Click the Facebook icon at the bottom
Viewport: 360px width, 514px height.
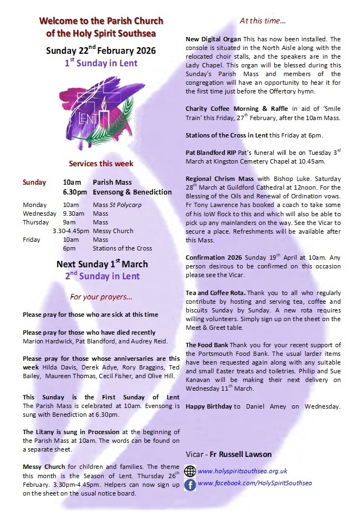pos(190,485)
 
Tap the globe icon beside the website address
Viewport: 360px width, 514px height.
pos(190,471)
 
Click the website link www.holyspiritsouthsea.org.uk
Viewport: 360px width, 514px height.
pos(242,471)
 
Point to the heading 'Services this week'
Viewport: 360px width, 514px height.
pos(100,163)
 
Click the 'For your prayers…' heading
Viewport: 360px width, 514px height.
pos(100,297)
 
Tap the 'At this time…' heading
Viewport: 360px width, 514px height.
pos(263,21)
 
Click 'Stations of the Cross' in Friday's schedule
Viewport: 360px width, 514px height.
pos(122,248)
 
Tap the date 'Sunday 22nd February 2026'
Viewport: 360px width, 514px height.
pos(100,51)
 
